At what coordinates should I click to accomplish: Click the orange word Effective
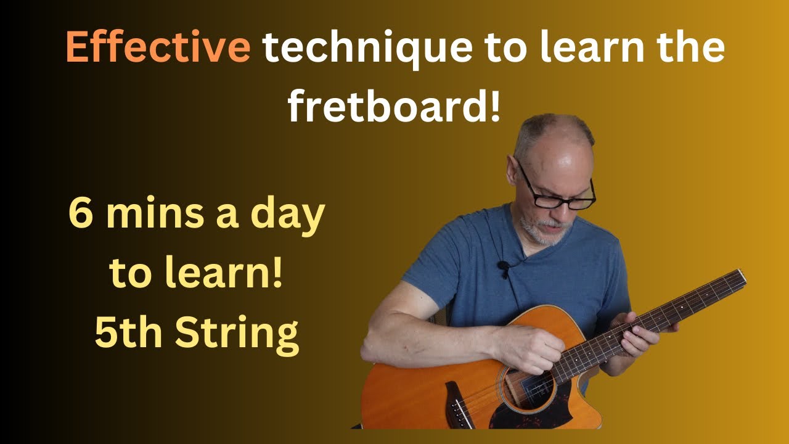pos(157,47)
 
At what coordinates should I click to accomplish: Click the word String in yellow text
pos(237,334)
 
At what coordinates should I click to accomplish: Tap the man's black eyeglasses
pos(558,193)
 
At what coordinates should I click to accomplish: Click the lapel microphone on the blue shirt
pos(503,267)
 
